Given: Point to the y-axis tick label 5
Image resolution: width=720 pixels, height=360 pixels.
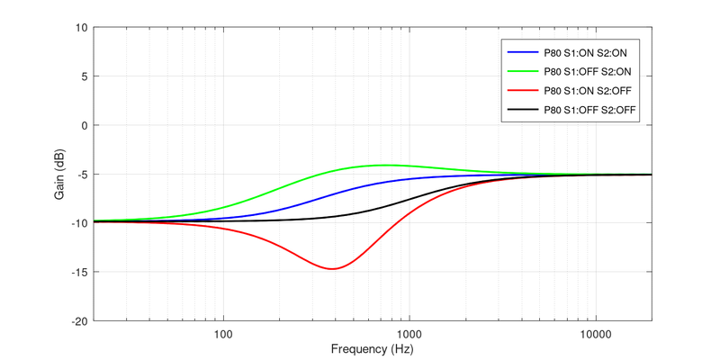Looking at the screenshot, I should click(83, 76).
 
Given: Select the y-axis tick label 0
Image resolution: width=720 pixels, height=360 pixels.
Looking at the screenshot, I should click(83, 125).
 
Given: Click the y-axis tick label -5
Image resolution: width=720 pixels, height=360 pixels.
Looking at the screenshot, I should click(81, 174).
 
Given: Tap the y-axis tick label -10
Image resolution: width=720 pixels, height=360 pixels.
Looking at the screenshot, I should click(78, 222).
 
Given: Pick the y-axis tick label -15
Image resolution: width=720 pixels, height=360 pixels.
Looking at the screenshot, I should click(78, 272).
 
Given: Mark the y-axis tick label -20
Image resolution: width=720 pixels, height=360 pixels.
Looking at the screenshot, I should click(78, 320).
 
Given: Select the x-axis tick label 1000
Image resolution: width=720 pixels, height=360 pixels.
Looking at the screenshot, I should click(409, 333).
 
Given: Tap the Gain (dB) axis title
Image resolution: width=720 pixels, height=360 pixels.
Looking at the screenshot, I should click(58, 174).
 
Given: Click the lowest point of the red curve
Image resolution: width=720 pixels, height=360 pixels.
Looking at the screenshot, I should click(333, 268).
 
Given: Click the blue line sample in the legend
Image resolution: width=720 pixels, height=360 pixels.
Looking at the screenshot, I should click(522, 50).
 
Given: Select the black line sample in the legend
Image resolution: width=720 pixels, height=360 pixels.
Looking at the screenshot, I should click(522, 110).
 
